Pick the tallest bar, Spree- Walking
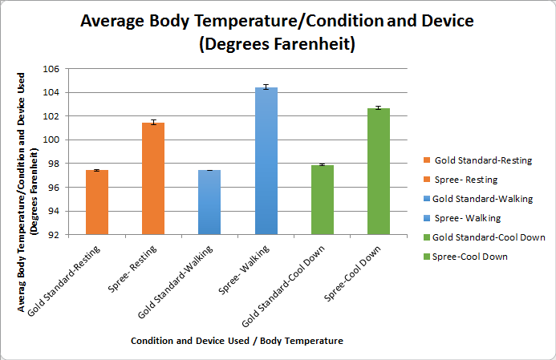(x=266, y=161)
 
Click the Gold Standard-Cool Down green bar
(x=323, y=200)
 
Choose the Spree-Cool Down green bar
(x=379, y=172)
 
